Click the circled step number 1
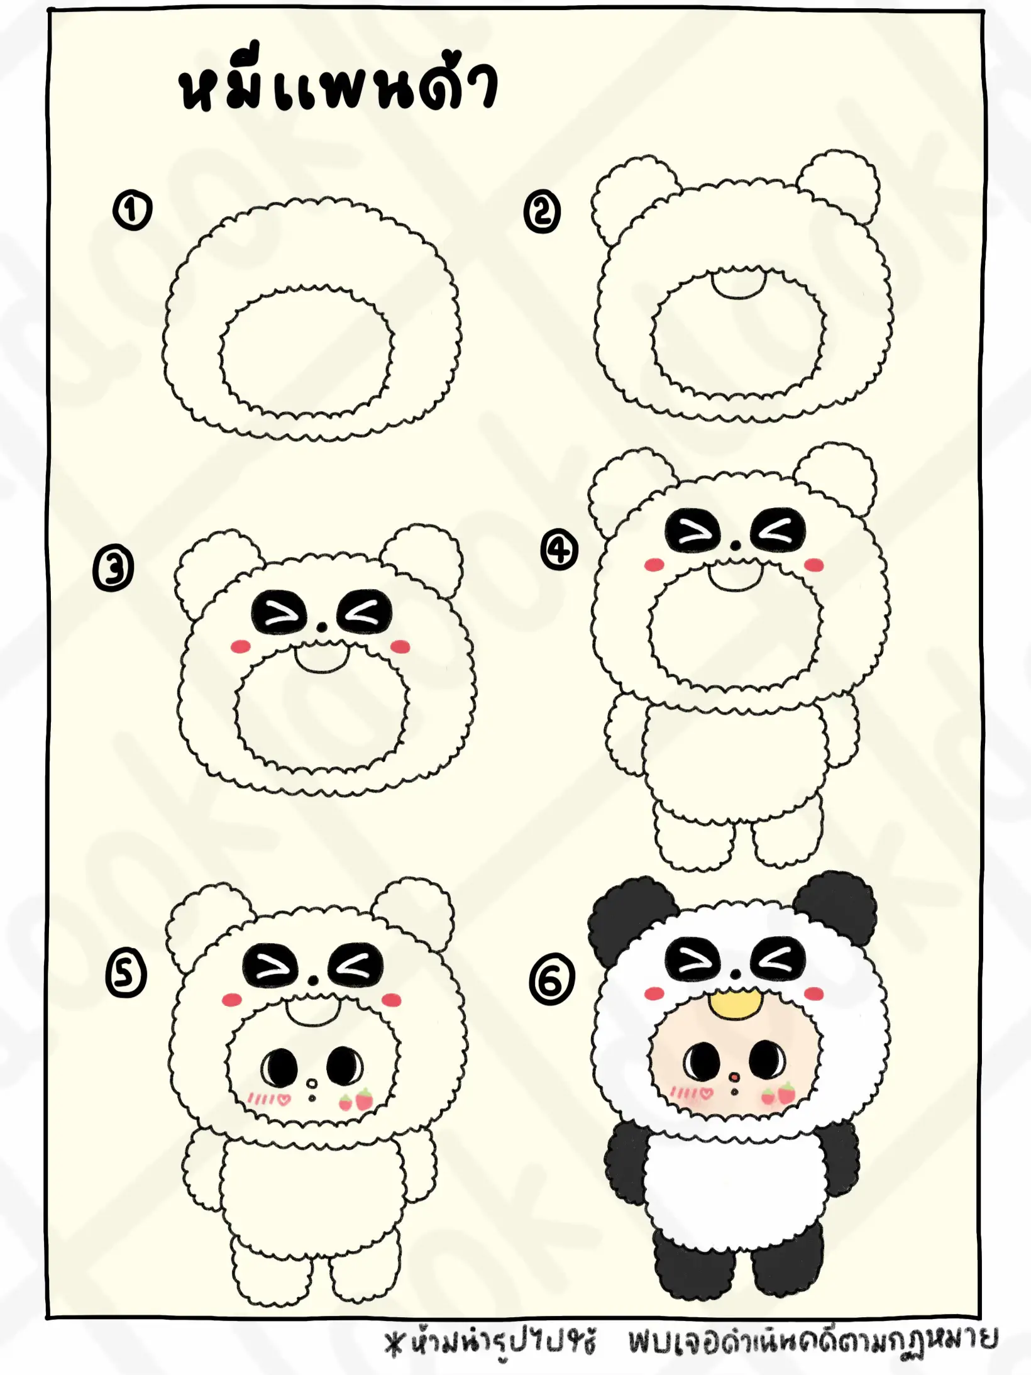(132, 211)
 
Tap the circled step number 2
(542, 213)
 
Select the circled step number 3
(114, 569)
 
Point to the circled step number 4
(560, 551)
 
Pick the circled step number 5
(126, 975)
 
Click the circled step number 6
(552, 979)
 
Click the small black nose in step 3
(322, 627)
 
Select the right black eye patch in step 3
(365, 612)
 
